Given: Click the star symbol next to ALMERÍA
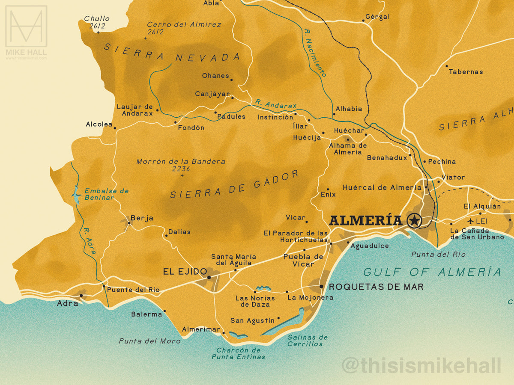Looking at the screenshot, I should pyautogui.click(x=414, y=220).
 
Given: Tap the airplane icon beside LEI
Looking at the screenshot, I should pyautogui.click(x=472, y=221).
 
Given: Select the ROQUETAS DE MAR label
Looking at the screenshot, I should pyautogui.click(x=376, y=287).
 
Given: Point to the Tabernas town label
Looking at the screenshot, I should pyautogui.click(x=466, y=72).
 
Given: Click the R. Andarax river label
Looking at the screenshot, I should pyautogui.click(x=275, y=104).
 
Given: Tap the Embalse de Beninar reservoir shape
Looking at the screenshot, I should pyautogui.click(x=77, y=194).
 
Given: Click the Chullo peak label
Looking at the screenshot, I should pyautogui.click(x=97, y=19).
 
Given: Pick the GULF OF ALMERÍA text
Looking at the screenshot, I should pyautogui.click(x=432, y=272).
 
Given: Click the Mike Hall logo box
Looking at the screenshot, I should pyautogui.click(x=26, y=26).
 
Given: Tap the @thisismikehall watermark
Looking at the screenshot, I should pyautogui.click(x=421, y=366).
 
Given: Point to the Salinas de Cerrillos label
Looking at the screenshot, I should pyautogui.click(x=307, y=341).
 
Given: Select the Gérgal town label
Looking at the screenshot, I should pyautogui.click(x=377, y=17).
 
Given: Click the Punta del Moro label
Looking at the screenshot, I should pyautogui.click(x=143, y=341).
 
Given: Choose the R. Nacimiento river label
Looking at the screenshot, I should pyautogui.click(x=314, y=53).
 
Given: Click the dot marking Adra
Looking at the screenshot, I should pyautogui.click(x=81, y=295).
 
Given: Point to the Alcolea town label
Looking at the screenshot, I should pyautogui.click(x=99, y=124).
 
